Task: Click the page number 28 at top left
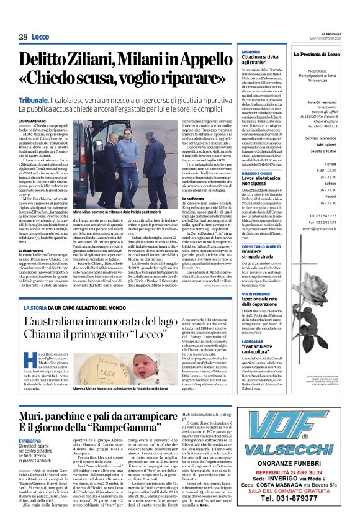pyautogui.click(x=22, y=37)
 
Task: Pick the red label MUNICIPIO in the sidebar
pyautogui.click(x=251, y=52)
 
